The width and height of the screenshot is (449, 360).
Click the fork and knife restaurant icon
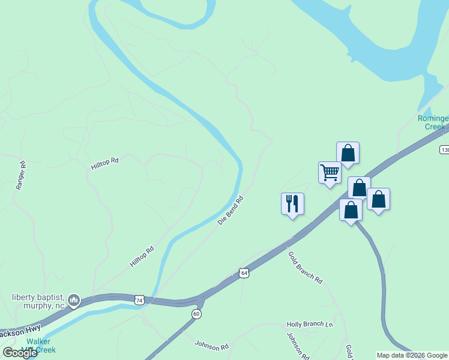292,203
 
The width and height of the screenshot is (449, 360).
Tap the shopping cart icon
330,172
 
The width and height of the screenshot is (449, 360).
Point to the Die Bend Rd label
231,210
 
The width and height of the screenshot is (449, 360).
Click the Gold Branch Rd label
305,268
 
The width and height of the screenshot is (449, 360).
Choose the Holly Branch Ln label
309,325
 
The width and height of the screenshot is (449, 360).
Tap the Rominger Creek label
432,122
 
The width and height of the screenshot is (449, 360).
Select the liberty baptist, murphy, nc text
38,301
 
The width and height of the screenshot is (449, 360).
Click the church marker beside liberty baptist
74,299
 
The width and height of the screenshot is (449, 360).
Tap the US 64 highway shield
244,273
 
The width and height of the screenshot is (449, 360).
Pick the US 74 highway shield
140,300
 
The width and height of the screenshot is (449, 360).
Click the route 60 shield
196,314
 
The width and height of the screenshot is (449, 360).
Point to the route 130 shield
444,149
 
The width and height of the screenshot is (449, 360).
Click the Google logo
20,353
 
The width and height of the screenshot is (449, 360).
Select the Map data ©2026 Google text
412,355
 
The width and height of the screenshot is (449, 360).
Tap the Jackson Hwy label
20,331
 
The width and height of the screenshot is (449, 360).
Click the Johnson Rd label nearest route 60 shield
212,346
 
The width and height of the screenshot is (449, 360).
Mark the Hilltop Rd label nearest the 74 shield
142,256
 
